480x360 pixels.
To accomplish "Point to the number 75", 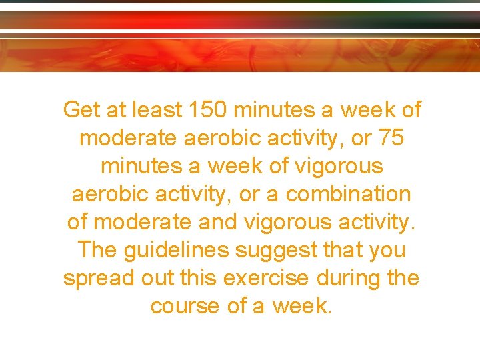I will [x=391, y=138].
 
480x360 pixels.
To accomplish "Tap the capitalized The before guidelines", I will [x=99, y=250].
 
